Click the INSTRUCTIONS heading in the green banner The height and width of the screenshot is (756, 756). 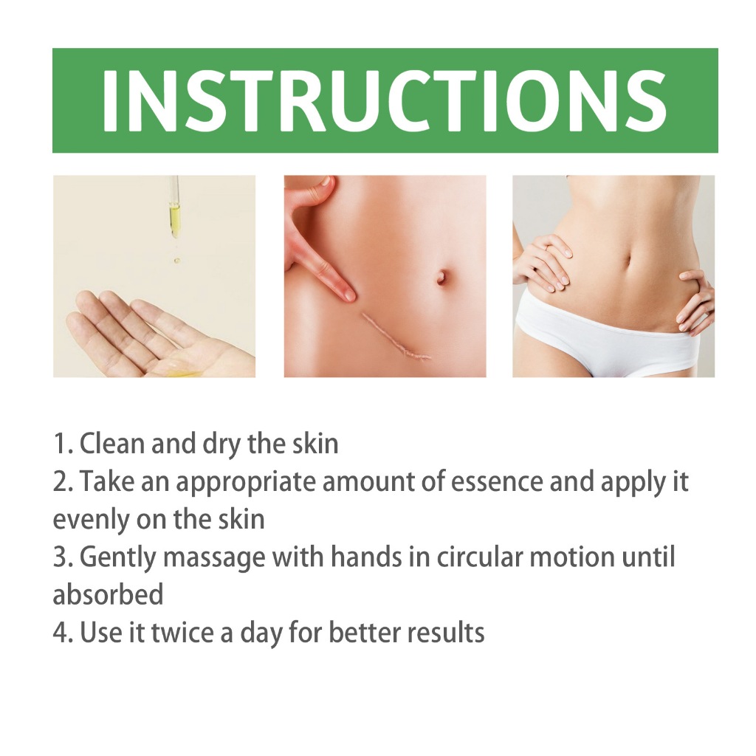pyautogui.click(x=384, y=100)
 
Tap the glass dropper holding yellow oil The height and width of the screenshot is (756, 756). pyautogui.click(x=174, y=207)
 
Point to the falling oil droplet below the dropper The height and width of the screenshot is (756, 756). pyautogui.click(x=176, y=261)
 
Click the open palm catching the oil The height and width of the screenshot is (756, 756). pyautogui.click(x=159, y=335)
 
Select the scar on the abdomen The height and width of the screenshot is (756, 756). pyautogui.click(x=396, y=337)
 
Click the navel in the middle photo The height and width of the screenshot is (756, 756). pyautogui.click(x=441, y=278)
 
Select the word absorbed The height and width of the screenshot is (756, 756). pyautogui.click(x=108, y=594)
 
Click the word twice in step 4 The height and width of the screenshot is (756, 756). pyautogui.click(x=182, y=633)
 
